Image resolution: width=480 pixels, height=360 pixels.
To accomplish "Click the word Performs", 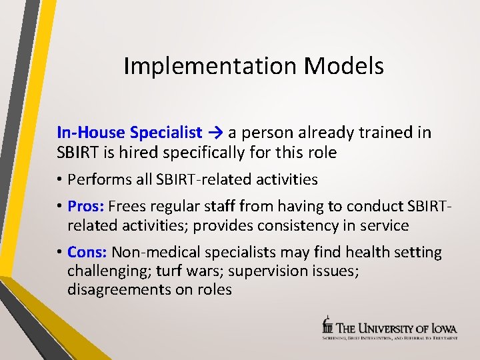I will click(x=96, y=179).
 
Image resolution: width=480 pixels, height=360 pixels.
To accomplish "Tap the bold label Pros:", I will click(x=85, y=206).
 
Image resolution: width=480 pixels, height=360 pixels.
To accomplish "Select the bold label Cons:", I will click(x=87, y=253).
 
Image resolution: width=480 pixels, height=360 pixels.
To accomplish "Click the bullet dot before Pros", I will click(x=59, y=207).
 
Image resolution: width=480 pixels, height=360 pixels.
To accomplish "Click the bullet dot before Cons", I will click(x=59, y=253).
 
